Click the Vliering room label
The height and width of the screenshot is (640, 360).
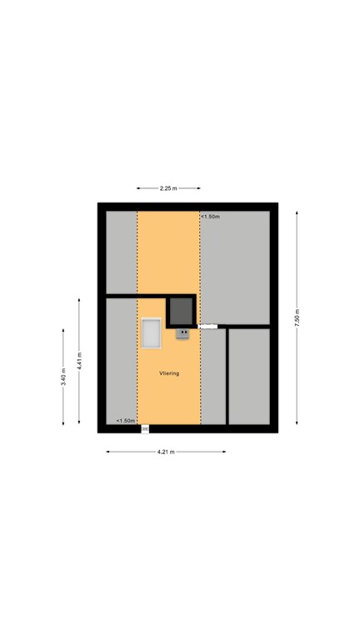(169, 373)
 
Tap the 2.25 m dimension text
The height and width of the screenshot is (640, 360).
(168, 188)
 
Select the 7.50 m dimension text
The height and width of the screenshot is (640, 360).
(297, 317)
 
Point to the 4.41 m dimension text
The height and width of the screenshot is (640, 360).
(80, 361)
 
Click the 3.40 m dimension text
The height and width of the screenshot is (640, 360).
(63, 377)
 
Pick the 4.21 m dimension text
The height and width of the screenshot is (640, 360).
(166, 452)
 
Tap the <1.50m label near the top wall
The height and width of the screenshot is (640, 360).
(211, 217)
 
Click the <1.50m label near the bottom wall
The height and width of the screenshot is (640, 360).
(126, 420)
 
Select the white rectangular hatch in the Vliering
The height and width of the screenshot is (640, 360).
(152, 333)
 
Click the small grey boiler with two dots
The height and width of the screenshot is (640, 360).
(182, 333)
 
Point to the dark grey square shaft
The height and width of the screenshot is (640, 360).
(181, 311)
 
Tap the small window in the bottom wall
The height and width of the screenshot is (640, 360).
(145, 429)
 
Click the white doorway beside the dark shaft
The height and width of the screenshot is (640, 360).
(207, 326)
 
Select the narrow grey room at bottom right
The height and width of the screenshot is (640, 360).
(249, 377)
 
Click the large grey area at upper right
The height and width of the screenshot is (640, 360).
(235, 267)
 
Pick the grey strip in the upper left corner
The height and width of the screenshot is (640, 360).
(122, 252)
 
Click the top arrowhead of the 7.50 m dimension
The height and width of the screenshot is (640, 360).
(297, 213)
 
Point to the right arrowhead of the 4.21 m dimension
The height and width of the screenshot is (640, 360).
(223, 452)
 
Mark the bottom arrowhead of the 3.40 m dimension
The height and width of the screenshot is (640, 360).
(63, 422)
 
